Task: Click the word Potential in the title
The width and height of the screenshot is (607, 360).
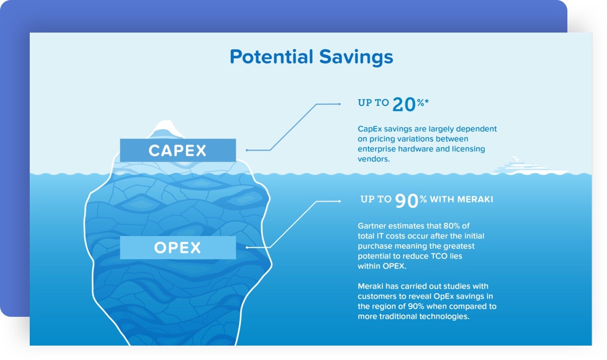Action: point(271,57)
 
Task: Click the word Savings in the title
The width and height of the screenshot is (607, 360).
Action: point(356,58)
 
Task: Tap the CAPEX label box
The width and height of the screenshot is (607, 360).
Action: point(178,150)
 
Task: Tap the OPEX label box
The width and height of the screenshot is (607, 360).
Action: point(178,247)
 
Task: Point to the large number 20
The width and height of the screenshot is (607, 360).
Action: point(404,104)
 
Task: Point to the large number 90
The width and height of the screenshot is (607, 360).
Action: point(407,201)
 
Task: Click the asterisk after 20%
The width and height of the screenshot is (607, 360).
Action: point(427,101)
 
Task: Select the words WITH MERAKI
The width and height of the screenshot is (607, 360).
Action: point(461,199)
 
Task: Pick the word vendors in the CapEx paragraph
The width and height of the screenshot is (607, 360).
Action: point(374,159)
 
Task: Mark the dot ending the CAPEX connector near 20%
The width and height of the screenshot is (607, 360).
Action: point(339,104)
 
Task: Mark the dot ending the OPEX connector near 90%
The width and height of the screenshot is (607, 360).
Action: point(339,201)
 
